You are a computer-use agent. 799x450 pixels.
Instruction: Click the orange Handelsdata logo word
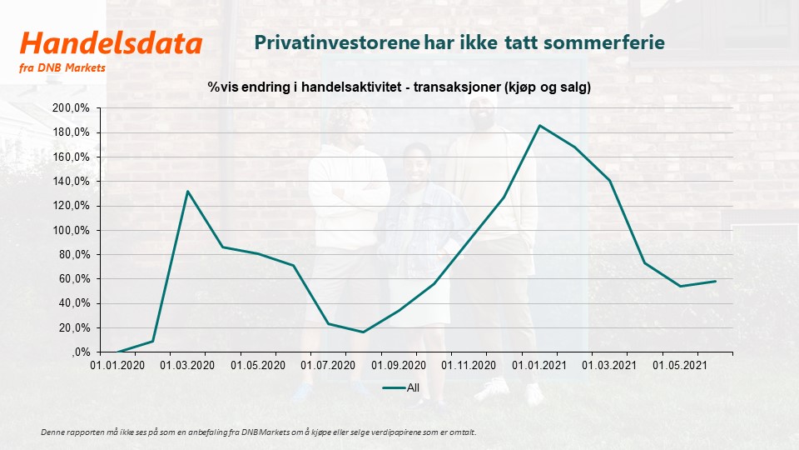coord(111,42)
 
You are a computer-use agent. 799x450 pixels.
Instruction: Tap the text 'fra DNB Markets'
coord(62,67)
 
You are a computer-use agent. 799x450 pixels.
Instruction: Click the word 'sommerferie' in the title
coord(604,42)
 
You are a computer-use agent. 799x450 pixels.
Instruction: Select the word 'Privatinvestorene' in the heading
coord(337,42)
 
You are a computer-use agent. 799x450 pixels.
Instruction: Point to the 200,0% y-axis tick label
coord(71,108)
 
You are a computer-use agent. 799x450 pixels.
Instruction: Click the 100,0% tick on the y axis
coord(71,230)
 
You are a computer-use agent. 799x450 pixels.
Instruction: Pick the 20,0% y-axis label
coord(74,328)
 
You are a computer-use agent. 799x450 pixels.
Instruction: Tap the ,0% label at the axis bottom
coord(81,352)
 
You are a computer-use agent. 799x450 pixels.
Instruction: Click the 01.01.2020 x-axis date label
coord(117,365)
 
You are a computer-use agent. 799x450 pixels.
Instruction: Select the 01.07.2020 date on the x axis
coord(328,365)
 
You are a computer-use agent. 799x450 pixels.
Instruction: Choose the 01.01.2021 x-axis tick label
coord(539,365)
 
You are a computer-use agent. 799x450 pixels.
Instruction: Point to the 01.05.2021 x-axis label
coord(680,365)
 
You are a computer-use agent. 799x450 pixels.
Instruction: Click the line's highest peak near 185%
coord(539,126)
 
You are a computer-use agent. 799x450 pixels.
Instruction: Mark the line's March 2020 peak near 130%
coord(187,192)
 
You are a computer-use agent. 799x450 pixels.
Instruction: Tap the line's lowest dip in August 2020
coord(364,332)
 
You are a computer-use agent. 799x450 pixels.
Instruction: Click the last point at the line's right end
coord(716,281)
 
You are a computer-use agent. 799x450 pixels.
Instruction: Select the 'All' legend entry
coord(401,387)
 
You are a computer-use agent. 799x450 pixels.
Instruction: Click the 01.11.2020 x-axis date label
coord(469,365)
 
